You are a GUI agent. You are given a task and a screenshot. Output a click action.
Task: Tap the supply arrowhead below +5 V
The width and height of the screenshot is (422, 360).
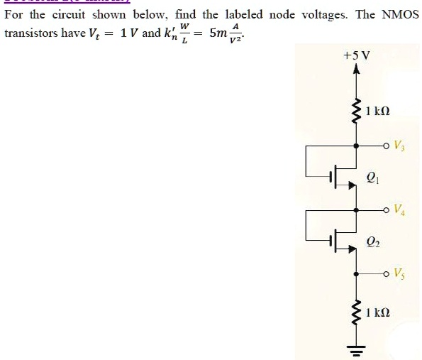(355, 70)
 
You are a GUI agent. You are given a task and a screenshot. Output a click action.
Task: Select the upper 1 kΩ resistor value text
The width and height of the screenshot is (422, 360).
(379, 111)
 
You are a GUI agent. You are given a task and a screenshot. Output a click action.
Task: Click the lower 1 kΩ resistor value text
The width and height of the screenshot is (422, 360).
(379, 312)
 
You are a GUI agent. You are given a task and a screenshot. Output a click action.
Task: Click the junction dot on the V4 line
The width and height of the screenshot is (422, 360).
(355, 209)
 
